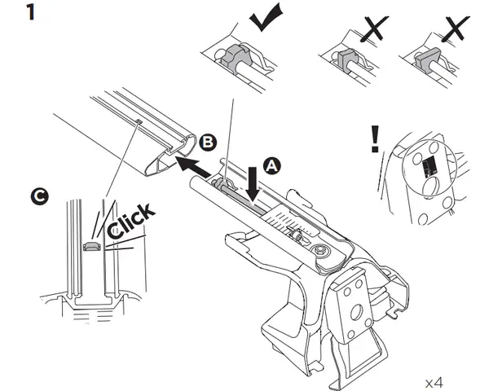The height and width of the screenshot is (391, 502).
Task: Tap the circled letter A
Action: click(272, 164)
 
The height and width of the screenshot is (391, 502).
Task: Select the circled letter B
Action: click(208, 143)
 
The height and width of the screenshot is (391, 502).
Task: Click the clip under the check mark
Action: click(238, 59)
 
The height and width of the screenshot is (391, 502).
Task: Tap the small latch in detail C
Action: click(92, 245)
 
